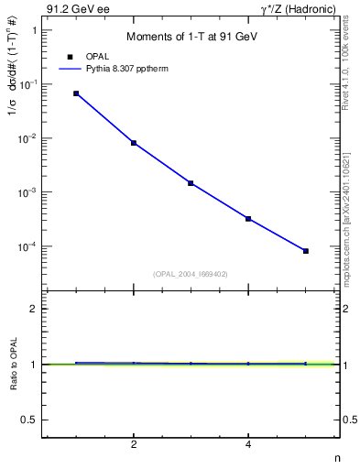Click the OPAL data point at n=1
click(x=76, y=93)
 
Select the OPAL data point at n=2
click(x=134, y=143)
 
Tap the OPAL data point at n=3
click(x=191, y=183)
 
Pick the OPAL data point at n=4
click(x=248, y=219)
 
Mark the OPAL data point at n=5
click(x=306, y=251)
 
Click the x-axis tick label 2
click(x=134, y=446)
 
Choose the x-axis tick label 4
click(x=248, y=446)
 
